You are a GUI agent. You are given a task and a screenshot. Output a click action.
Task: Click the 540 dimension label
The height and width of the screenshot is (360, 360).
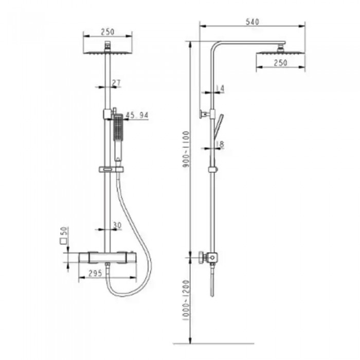coord(253,22)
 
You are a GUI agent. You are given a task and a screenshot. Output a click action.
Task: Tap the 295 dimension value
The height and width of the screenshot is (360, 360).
coord(95,273)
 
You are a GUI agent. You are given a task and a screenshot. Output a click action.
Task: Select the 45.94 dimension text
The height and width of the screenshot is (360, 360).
coord(137,115)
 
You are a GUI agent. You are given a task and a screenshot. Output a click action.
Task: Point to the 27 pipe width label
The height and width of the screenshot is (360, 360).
coord(116,83)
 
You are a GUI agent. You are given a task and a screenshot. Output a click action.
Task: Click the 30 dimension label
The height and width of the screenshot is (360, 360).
coord(117,225)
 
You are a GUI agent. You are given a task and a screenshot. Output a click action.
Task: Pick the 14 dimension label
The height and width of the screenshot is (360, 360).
coord(220,88)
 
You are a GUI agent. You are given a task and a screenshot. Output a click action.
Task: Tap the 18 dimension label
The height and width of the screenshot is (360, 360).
coord(220,144)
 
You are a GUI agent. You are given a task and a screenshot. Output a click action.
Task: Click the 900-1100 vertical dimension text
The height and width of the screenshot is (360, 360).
coord(186,149)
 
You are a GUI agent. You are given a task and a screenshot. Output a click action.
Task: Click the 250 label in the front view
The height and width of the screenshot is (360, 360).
coord(107,32)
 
